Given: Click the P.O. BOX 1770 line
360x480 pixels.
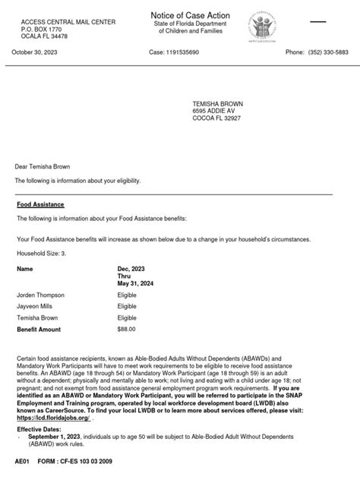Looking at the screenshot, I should point(43,29).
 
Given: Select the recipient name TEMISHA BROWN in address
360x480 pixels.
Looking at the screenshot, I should point(218,102).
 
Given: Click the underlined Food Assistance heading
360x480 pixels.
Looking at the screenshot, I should point(40,205).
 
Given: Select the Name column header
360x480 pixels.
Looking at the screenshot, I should point(25,269).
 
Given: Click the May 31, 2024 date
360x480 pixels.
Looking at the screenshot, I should point(136,284).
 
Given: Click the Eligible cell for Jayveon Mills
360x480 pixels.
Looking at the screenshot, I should point(127,306).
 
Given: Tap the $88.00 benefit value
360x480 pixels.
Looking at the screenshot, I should point(126,330).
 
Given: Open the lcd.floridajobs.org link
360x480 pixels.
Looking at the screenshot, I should point(52,418).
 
